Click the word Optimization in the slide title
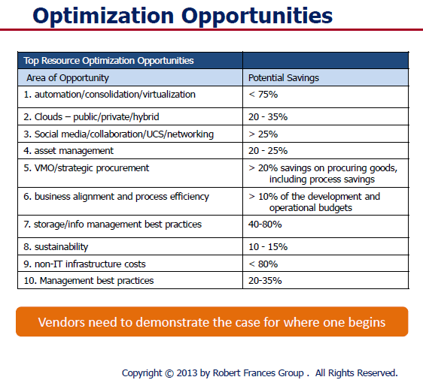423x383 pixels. [103, 17]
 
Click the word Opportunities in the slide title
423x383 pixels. [257, 17]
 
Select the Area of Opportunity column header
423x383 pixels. [68, 78]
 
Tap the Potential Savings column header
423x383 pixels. [284, 78]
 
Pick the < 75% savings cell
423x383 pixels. [263, 95]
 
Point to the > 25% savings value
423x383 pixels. [263, 134]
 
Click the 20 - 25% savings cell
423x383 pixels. [268, 151]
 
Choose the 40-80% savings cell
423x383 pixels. [265, 225]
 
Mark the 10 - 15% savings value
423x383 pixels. [268, 247]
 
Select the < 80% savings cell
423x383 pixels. [263, 264]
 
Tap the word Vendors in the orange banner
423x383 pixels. [61, 322]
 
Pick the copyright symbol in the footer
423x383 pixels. [169, 373]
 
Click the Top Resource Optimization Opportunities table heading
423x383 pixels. [108, 61]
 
